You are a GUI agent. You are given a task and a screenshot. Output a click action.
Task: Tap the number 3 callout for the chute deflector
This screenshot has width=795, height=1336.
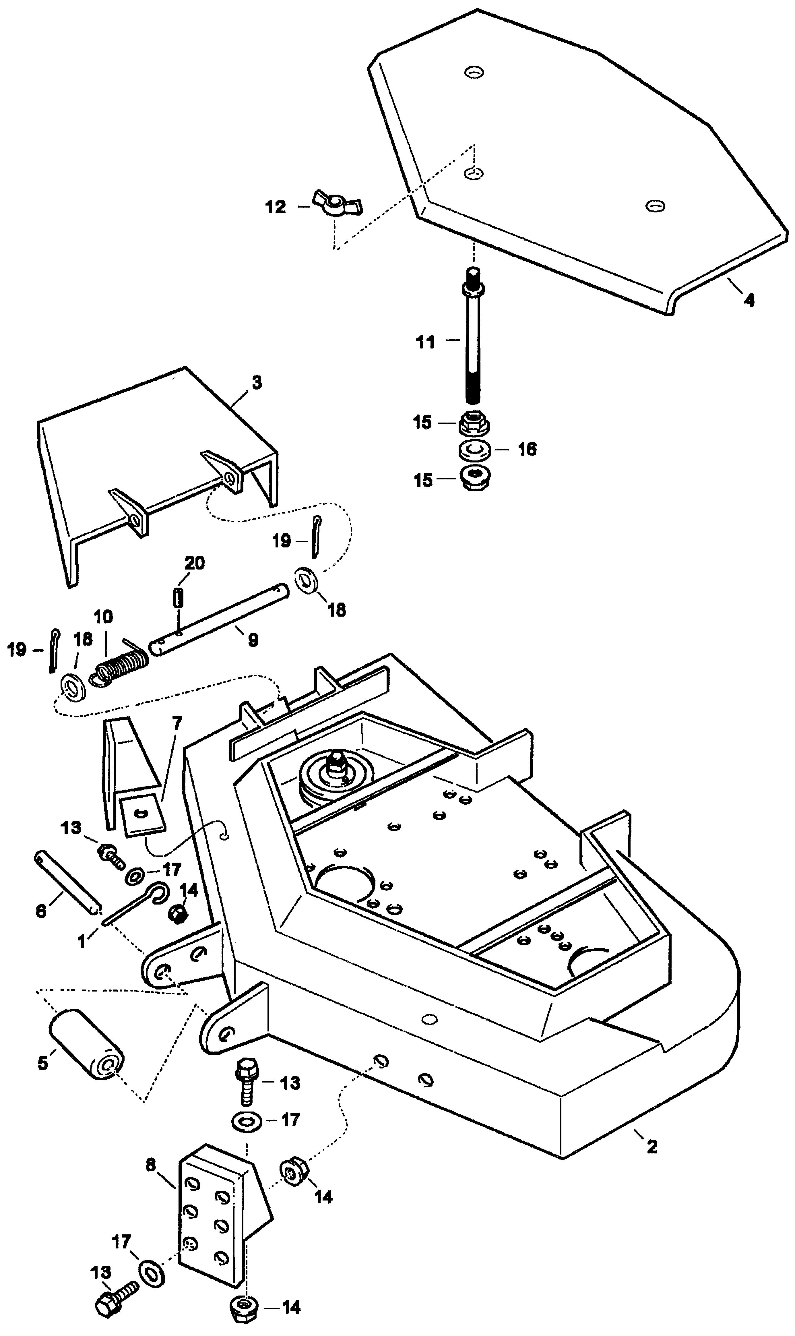257,382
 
